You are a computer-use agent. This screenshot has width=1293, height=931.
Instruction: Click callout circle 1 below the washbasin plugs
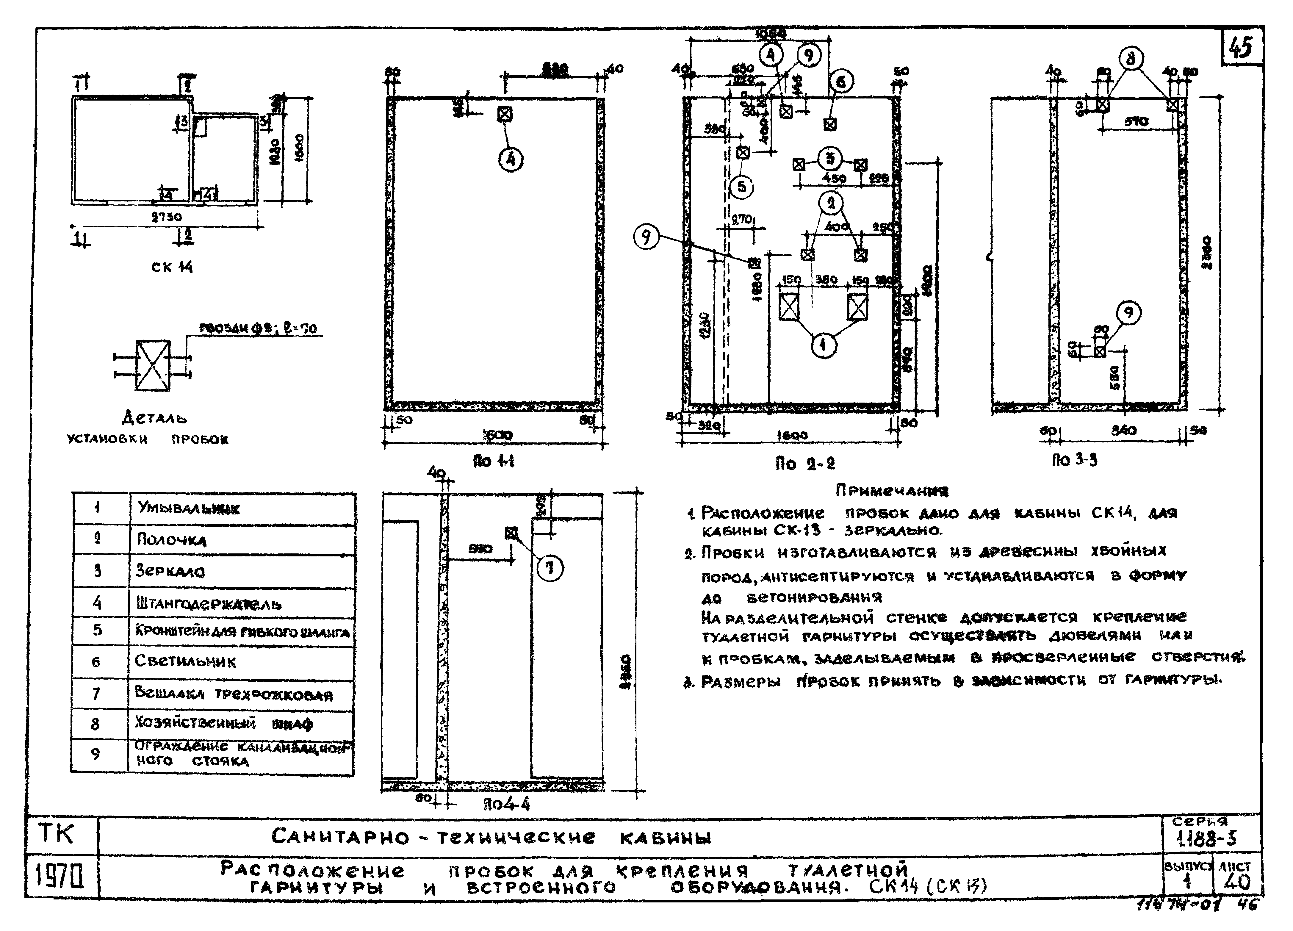823,345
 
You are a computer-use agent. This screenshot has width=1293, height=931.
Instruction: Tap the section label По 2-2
804,464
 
